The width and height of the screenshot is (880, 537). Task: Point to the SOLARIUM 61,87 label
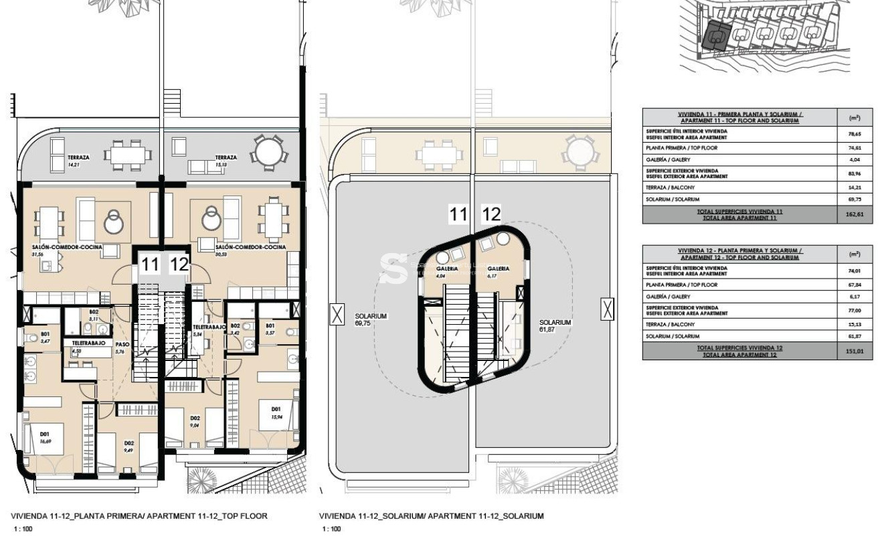(x=555, y=325)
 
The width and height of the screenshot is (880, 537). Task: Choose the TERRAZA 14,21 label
(x=78, y=160)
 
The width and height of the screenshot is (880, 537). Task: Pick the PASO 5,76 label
(x=120, y=348)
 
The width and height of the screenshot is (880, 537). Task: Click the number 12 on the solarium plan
(x=491, y=215)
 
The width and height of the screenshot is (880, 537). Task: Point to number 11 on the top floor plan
(x=149, y=264)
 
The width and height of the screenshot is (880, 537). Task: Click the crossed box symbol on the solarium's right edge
(x=606, y=310)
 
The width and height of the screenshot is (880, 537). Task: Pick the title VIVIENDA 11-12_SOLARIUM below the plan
(x=432, y=516)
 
